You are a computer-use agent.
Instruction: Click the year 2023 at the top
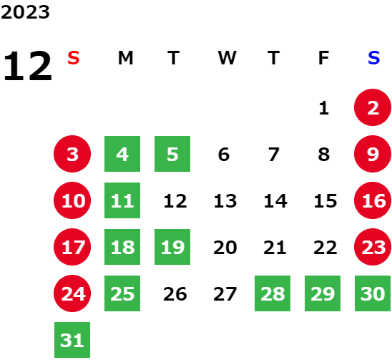pyautogui.click(x=25, y=12)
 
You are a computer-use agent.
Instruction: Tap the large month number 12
pyautogui.click(x=28, y=66)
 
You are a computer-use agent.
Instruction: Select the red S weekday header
pyautogui.click(x=74, y=58)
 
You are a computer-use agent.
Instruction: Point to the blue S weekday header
pyautogui.click(x=373, y=58)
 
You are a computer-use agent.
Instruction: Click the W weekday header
pyautogui.click(x=227, y=58)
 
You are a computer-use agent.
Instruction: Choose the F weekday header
pyautogui.click(x=323, y=58)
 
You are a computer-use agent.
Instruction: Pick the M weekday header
pyautogui.click(x=125, y=58)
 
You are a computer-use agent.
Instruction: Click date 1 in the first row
pyautogui.click(x=324, y=108)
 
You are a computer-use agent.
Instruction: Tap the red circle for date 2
pyautogui.click(x=373, y=107)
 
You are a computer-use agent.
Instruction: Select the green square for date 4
pyautogui.click(x=122, y=154)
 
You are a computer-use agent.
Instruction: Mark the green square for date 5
pyautogui.click(x=172, y=154)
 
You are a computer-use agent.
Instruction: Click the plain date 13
pyautogui.click(x=225, y=200)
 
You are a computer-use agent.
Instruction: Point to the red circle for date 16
pyautogui.click(x=373, y=200)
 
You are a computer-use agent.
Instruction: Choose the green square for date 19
pyautogui.click(x=172, y=247)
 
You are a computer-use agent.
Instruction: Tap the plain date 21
pyautogui.click(x=275, y=248)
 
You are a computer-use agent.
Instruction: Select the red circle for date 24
pyautogui.click(x=72, y=293)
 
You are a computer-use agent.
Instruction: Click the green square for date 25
pyautogui.click(x=122, y=293)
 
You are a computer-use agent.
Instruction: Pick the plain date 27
pyautogui.click(x=225, y=294)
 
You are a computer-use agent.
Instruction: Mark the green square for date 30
pyautogui.click(x=373, y=293)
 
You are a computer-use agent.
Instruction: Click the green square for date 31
pyautogui.click(x=72, y=340)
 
